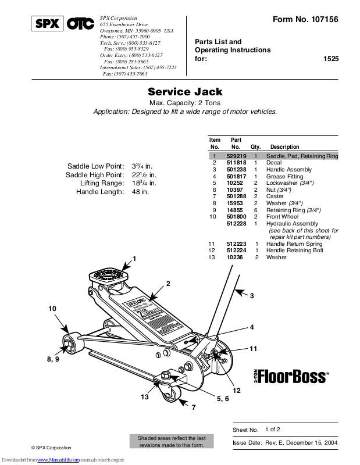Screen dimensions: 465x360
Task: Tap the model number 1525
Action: pyautogui.click(x=331, y=59)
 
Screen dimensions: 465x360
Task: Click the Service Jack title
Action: pyautogui.click(x=185, y=92)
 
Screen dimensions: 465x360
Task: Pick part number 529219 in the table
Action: pyautogui.click(x=237, y=156)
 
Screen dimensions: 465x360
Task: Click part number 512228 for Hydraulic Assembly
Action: pyautogui.click(x=237, y=223)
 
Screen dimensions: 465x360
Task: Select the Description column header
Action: pyautogui.click(x=285, y=147)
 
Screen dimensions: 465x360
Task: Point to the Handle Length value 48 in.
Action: pyautogui.click(x=141, y=191)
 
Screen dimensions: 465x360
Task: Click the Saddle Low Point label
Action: pyautogui.click(x=95, y=166)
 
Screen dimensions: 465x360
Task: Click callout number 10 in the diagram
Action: pyautogui.click(x=53, y=309)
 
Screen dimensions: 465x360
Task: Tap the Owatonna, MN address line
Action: pyautogui.click(x=136, y=30)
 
